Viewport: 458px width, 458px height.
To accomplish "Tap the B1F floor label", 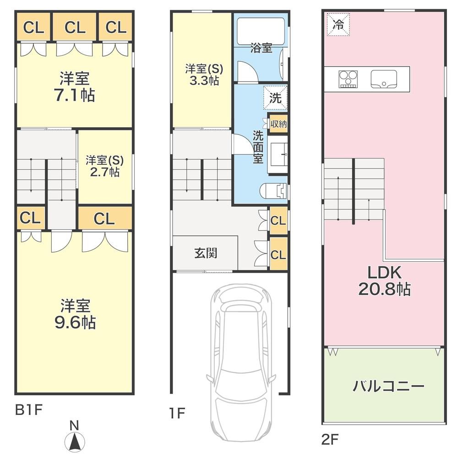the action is (29, 410).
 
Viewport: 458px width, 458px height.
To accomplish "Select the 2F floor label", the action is (330, 439).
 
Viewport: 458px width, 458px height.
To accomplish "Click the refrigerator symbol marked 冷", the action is (338, 25).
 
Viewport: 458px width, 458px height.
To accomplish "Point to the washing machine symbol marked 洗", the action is (275, 98).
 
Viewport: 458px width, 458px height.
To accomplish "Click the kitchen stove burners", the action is (349, 79).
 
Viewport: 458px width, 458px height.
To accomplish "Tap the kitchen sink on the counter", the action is (384, 79).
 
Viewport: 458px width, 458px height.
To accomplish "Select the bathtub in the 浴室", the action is (261, 31).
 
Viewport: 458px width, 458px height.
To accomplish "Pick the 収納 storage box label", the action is (278, 124).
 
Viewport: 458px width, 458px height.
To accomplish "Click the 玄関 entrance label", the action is (206, 253).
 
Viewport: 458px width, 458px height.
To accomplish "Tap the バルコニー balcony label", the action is (388, 387).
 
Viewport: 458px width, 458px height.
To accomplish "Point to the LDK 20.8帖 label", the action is (384, 280).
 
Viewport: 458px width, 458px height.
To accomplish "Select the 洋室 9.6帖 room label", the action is (75, 314).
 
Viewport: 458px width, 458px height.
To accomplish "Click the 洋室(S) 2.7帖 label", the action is (105, 166).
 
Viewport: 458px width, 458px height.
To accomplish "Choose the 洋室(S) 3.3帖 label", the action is (204, 75).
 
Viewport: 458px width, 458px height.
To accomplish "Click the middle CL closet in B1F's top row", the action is (75, 27).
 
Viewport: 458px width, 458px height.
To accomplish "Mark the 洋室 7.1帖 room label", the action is (75, 86).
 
